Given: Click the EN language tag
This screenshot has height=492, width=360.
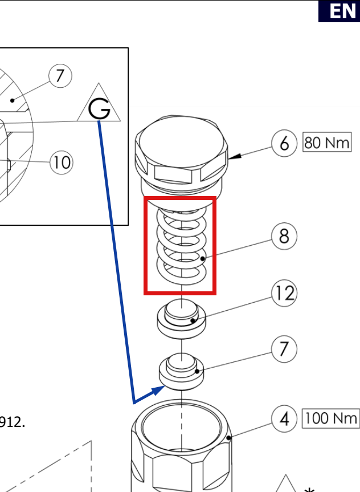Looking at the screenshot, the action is click(339, 11).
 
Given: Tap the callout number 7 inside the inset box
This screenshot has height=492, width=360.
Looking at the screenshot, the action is click(60, 76).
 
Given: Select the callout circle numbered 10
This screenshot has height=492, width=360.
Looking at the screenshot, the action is click(62, 162).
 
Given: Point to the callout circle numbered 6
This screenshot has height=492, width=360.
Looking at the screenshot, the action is click(284, 143).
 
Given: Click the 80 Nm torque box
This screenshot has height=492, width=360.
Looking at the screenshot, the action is click(327, 142).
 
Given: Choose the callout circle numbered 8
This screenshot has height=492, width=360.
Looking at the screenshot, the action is click(284, 236).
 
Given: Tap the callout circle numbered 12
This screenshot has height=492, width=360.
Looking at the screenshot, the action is click(284, 293).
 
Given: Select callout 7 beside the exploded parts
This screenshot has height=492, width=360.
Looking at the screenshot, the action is click(284, 349).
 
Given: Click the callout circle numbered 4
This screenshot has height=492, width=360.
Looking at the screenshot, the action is click(284, 418).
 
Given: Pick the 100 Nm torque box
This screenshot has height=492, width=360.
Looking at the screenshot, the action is click(331, 418).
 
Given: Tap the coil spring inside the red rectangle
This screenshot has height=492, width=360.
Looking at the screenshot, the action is click(182, 246).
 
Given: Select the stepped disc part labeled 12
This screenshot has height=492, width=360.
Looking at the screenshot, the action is click(182, 319).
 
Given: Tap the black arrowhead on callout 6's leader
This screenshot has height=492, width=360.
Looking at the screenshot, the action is click(235, 156).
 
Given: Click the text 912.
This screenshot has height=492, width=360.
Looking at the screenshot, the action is click(12, 422).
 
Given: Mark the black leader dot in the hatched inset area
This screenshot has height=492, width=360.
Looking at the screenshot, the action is click(12, 100).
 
